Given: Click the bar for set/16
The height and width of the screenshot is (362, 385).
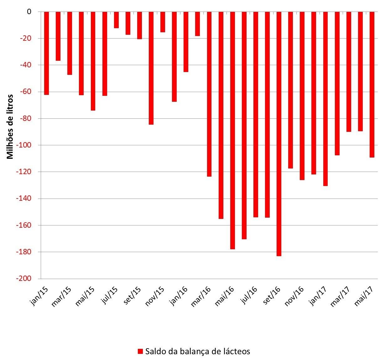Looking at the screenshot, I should coord(279,134).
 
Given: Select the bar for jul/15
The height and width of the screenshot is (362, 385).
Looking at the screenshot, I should coord(116,20).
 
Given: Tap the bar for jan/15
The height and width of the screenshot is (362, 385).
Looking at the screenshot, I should coord(46,53).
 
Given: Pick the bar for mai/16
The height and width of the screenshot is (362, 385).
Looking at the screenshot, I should coord(232,130).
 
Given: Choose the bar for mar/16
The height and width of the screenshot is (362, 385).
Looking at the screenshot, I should coord(209,94).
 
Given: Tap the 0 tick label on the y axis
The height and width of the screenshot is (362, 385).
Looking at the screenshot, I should coord(29,12).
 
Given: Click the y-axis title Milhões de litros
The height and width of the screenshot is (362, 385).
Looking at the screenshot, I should coord(10,127).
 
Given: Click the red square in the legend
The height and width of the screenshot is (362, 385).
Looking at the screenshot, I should coord(140,351).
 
